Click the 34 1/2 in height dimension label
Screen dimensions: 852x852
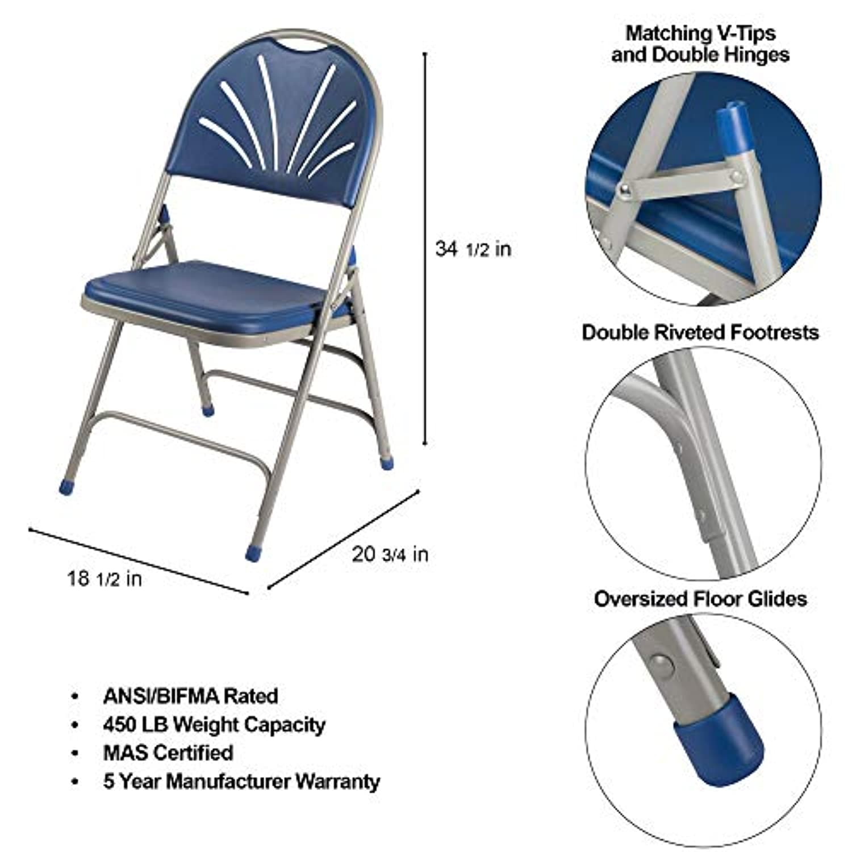pos(473,249)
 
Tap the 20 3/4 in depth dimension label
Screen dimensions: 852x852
pos(390,554)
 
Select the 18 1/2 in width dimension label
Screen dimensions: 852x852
pos(105,578)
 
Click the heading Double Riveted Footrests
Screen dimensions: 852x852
pos(700,332)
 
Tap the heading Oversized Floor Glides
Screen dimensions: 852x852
pos(700,599)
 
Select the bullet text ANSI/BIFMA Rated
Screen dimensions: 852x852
pos(191,696)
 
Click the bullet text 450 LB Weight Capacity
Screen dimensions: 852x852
pos(214,725)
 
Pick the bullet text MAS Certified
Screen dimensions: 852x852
pos(168,753)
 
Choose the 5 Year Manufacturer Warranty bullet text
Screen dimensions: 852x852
pos(241,781)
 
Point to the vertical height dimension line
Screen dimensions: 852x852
pos(425,249)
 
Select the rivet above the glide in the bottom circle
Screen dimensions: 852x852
pos(661,662)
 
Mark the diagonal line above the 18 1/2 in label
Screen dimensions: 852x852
pos(139,562)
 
